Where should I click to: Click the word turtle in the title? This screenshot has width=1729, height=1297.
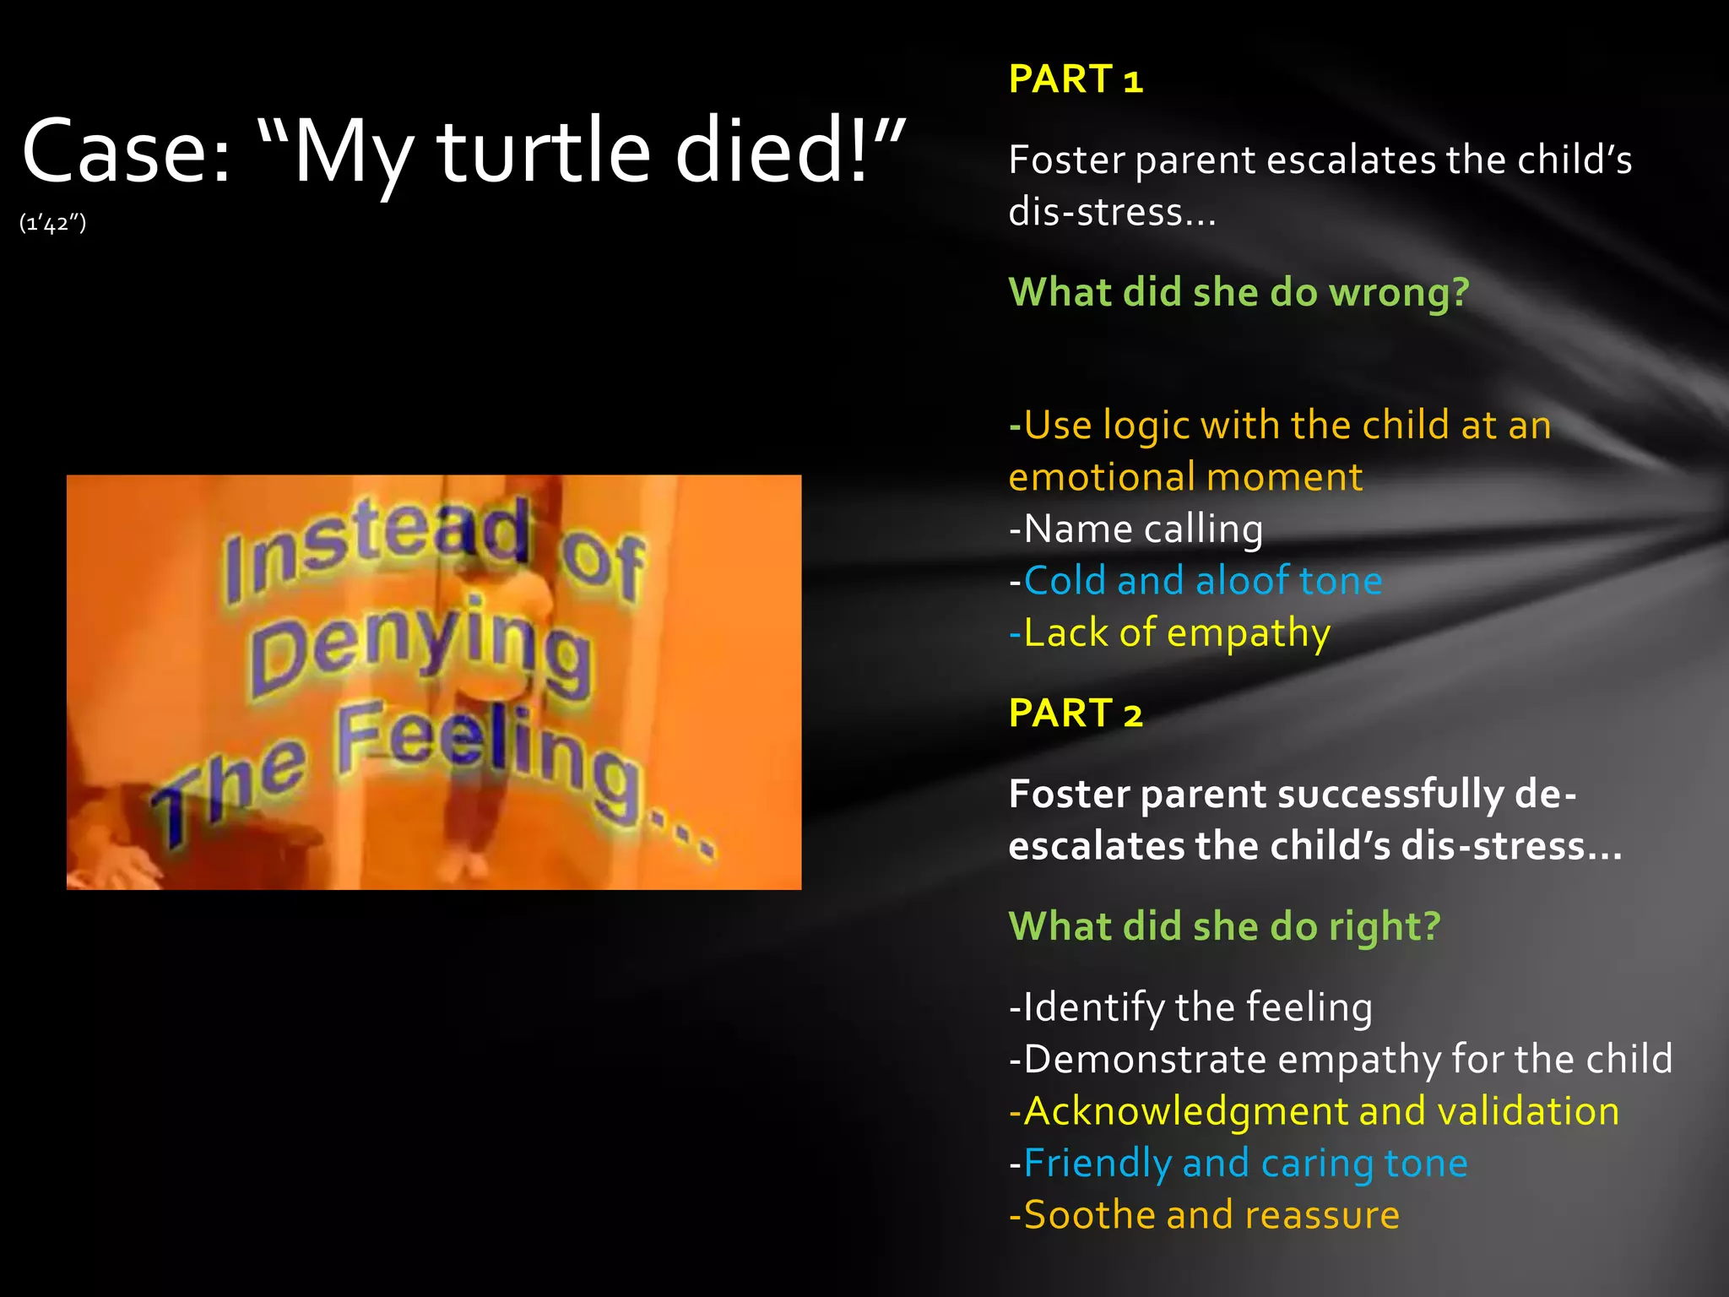tap(545, 152)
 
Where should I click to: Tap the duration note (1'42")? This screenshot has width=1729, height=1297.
tap(52, 223)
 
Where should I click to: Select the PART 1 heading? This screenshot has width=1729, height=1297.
tap(1076, 79)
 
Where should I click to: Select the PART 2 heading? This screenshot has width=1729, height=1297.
tap(1076, 714)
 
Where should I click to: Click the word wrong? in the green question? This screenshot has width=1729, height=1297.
tap(1399, 293)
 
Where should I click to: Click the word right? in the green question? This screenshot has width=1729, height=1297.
tap(1385, 926)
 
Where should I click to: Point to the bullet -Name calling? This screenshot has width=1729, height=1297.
tap(1136, 529)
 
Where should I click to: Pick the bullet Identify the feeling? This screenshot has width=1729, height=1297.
tap(1190, 1007)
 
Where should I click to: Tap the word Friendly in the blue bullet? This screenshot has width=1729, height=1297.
tap(1097, 1164)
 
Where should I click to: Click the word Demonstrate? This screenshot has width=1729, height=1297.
tap(1145, 1060)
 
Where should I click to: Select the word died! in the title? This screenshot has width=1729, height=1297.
tap(772, 152)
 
